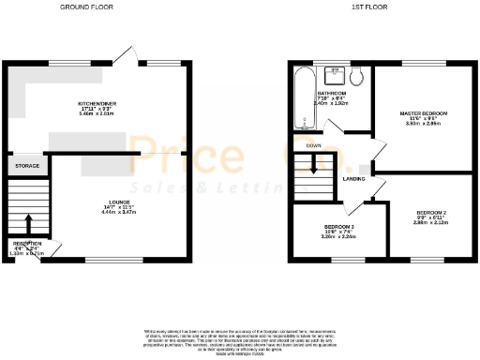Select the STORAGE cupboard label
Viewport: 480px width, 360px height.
[26, 166]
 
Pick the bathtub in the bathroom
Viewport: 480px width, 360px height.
[302, 100]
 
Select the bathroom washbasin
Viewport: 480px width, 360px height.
[335, 74]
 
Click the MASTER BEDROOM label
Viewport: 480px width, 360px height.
[424, 113]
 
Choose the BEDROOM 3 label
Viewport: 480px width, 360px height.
[338, 227]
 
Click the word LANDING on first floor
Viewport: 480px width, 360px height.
[353, 178]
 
